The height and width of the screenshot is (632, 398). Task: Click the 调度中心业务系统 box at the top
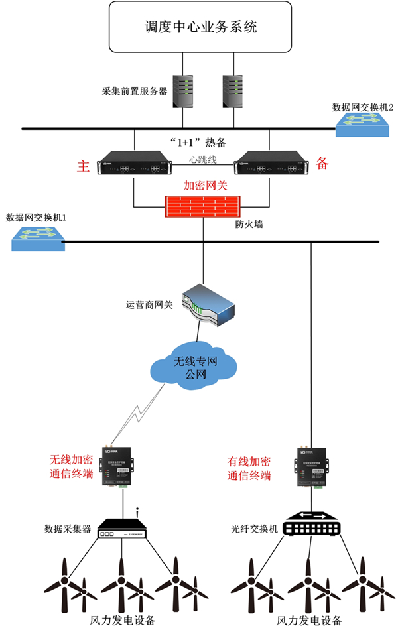point(200,27)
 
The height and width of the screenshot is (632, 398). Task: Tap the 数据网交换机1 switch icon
point(38,237)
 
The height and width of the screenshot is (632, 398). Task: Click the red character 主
point(84,166)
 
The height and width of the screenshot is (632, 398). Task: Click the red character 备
point(322,163)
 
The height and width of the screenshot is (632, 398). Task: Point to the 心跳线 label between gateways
point(202,159)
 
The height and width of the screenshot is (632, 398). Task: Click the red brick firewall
point(201,207)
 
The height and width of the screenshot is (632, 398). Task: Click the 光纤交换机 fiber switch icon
point(310,524)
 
